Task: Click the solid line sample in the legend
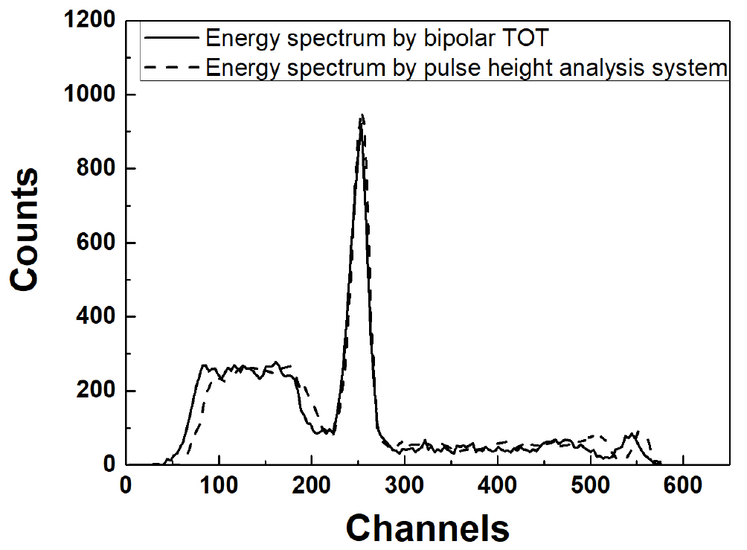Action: coord(173,36)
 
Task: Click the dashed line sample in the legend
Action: coord(173,68)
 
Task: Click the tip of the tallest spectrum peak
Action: coord(362,115)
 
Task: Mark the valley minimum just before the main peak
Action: coord(330,432)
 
